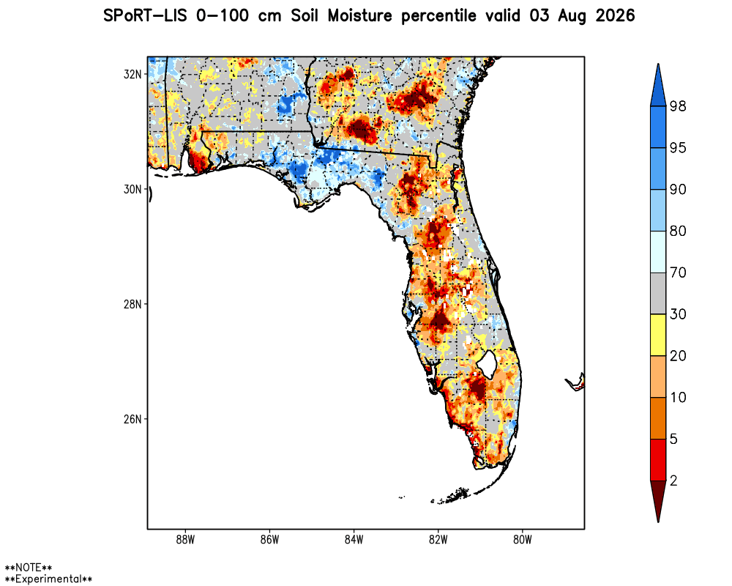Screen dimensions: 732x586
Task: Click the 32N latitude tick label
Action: tap(132, 74)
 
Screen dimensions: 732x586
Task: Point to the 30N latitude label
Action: tap(132, 189)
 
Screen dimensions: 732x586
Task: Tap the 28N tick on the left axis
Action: tap(132, 304)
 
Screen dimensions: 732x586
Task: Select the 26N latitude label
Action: tap(132, 419)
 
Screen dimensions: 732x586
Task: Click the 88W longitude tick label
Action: tap(185, 540)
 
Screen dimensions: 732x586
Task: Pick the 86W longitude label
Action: tap(269, 540)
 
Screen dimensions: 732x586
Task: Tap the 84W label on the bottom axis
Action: tap(354, 540)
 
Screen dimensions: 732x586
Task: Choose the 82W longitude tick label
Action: tap(438, 540)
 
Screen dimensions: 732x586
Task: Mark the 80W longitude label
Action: tap(523, 540)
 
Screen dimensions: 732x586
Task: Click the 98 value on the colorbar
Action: tap(678, 106)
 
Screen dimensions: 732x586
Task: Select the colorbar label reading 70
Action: tap(678, 272)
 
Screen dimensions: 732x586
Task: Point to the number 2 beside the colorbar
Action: tap(673, 481)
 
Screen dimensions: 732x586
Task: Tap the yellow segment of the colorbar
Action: tap(658, 335)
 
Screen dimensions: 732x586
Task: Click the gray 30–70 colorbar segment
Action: tap(658, 294)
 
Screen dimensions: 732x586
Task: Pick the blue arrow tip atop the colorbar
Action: tap(658, 64)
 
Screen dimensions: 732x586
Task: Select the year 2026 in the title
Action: tap(616, 16)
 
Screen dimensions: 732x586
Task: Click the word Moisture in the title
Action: tap(360, 16)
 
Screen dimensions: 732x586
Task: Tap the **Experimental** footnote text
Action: tap(48, 579)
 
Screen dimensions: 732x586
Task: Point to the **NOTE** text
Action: tap(29, 567)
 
